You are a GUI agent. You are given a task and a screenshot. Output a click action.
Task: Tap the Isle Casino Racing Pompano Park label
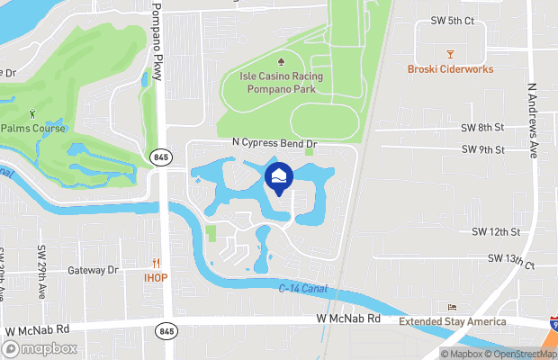281,82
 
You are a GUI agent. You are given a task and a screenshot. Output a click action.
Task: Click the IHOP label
156,277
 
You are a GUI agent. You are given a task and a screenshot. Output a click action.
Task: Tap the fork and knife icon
156,264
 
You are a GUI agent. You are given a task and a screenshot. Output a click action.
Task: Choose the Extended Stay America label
453,321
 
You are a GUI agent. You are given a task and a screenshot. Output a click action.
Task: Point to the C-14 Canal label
301,290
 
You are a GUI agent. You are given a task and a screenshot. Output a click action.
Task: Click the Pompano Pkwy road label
158,43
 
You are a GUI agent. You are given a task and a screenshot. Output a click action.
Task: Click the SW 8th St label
483,129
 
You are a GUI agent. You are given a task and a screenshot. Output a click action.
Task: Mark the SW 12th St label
497,232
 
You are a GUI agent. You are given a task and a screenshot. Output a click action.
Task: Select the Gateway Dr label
94,270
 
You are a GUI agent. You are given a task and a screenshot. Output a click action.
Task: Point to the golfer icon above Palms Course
34,114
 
